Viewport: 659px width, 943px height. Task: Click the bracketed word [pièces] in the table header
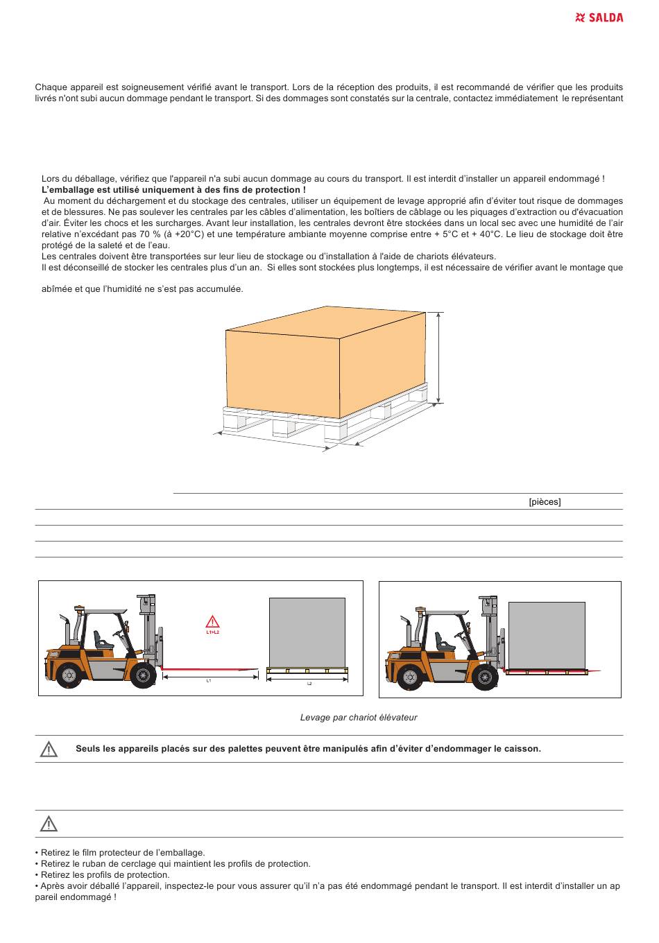(x=545, y=502)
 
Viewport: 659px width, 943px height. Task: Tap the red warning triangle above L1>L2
(x=212, y=622)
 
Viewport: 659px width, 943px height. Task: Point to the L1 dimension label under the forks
(x=209, y=681)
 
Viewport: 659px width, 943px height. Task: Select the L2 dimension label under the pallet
(x=309, y=684)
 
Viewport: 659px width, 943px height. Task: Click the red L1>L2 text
(x=212, y=632)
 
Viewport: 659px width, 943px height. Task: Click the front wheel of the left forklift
(x=142, y=675)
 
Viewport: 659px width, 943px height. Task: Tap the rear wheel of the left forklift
(x=69, y=674)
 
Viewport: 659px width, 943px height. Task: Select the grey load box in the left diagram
(x=307, y=632)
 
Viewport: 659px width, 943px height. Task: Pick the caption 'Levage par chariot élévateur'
(x=359, y=718)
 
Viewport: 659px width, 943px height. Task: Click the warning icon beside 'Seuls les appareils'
(x=49, y=750)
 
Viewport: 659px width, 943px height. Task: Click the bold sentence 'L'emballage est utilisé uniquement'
(x=173, y=190)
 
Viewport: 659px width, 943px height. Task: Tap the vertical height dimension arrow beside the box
(x=438, y=356)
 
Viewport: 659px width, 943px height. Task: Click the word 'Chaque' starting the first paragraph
(x=50, y=87)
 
